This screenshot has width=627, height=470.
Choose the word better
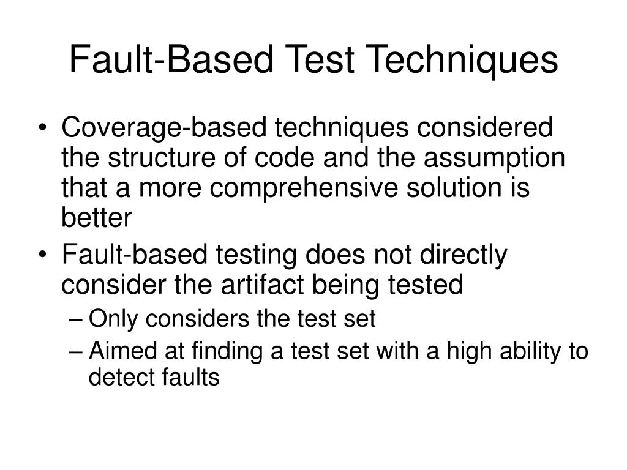tap(96, 217)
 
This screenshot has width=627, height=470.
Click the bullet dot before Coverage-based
tap(49, 130)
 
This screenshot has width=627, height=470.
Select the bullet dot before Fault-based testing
tap(49, 256)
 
